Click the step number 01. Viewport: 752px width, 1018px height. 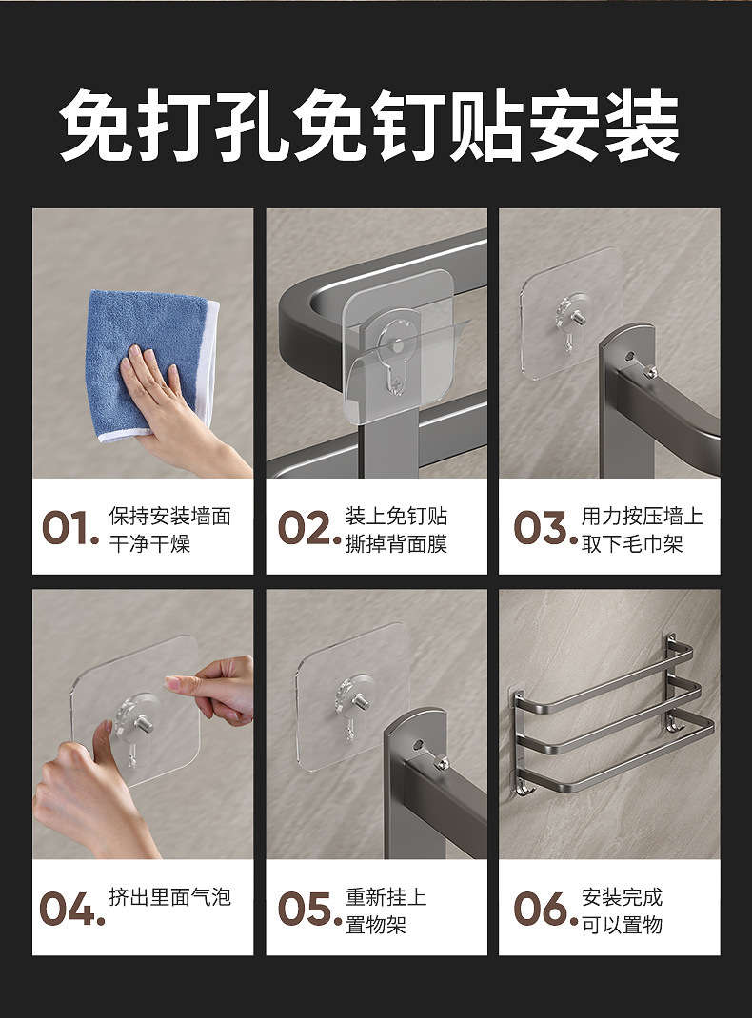tap(70, 528)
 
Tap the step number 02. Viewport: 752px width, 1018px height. tap(309, 528)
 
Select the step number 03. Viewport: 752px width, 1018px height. tap(544, 528)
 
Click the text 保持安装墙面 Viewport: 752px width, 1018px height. tap(170, 517)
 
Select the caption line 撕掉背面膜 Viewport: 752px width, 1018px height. tap(396, 543)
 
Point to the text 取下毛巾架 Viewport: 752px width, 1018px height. tap(632, 543)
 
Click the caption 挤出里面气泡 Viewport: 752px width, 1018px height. tap(170, 896)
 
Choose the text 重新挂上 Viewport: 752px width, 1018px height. tap(386, 896)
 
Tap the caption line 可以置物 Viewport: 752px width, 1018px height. tap(622, 924)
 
